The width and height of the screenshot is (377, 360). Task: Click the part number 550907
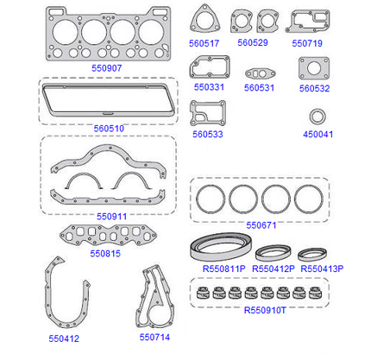107,68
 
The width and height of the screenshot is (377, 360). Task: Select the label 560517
204,43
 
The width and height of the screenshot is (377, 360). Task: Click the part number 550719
307,43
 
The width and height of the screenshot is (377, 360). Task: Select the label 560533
208,135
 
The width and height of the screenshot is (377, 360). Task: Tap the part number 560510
109,129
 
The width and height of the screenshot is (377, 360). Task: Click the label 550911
111,217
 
